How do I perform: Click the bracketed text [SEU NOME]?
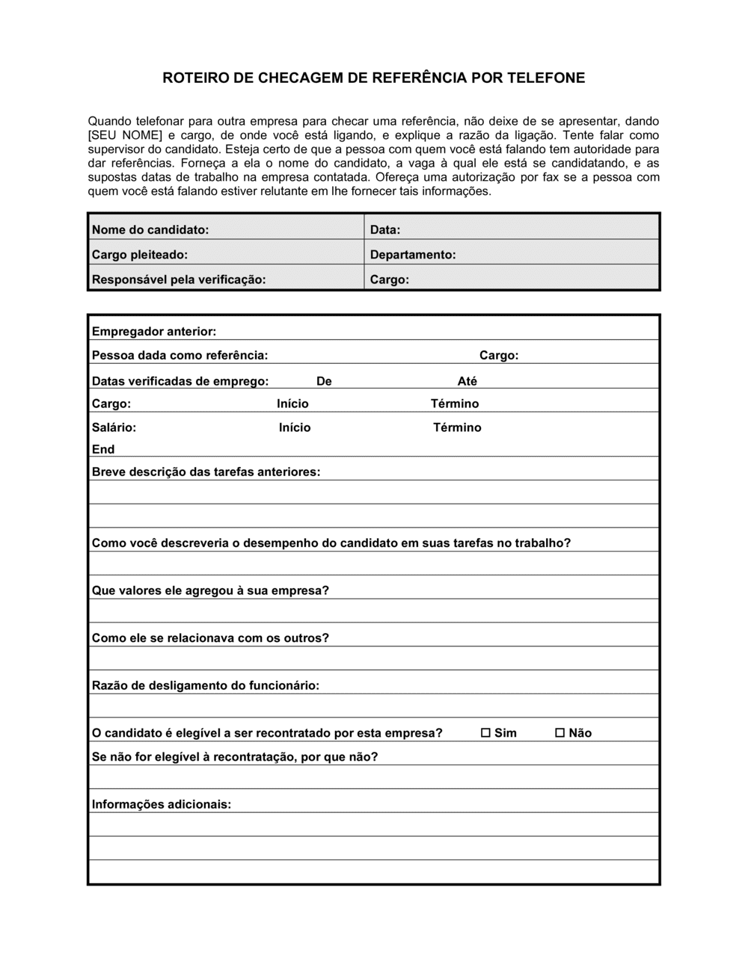pos(125,135)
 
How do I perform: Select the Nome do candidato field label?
pos(150,229)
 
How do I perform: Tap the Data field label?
pos(385,229)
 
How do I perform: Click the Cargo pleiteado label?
pos(140,255)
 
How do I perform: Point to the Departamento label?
pos(413,255)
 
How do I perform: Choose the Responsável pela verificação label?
pos(179,279)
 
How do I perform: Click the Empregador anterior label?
pos(154,331)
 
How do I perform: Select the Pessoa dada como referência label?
pos(180,355)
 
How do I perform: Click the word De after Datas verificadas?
pos(324,381)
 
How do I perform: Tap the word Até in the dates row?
pos(467,381)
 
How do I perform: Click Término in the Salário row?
pos(457,427)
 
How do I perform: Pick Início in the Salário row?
pos(295,427)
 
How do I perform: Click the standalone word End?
pos(103,449)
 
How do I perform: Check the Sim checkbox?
pos(485,733)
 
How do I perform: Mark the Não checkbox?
pos(560,733)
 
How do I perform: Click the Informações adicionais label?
pos(162,804)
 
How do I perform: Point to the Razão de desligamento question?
pos(206,685)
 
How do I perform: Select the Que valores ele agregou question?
pos(210,590)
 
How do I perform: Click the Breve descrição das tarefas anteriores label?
pos(206,472)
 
